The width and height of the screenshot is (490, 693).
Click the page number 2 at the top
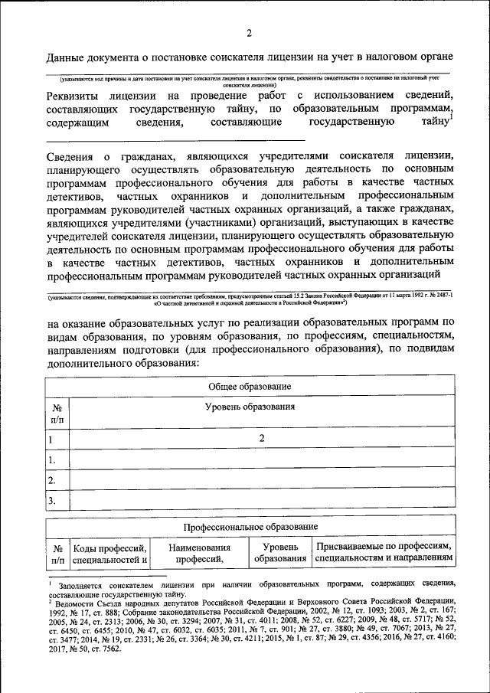pos(249,33)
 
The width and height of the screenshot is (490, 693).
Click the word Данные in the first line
pos(67,57)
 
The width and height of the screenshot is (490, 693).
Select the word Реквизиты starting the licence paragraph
pos(76,96)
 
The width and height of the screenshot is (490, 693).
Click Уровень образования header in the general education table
pos(260,408)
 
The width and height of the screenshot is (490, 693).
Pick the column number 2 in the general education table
pos(261,439)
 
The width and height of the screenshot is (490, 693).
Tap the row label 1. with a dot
pos(52,460)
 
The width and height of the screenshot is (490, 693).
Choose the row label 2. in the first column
pos(52,481)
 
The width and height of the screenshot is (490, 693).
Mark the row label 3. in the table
pos(52,502)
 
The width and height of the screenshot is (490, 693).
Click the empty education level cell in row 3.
pos(260,502)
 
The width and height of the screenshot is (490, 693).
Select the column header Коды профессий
pos(109,548)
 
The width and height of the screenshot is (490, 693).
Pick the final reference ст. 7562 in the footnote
pos(104,648)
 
